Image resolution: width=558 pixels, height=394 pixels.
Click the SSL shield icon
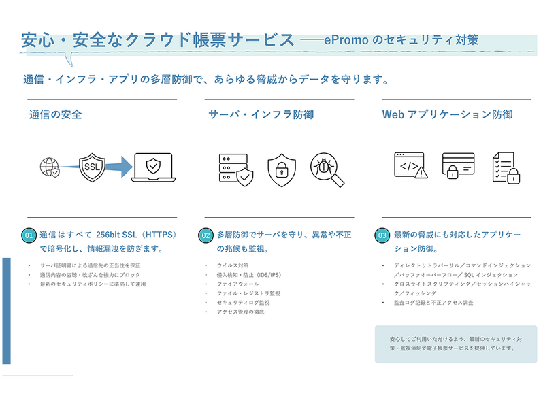pyautogui.click(x=92, y=167)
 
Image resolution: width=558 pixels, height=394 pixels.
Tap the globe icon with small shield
pyautogui.click(x=50, y=167)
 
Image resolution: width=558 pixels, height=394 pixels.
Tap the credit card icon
pyautogui.click(x=458, y=165)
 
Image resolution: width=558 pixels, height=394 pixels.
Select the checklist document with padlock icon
pyautogui.click(x=506, y=167)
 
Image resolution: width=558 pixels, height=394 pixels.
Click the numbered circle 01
pyautogui.click(x=29, y=235)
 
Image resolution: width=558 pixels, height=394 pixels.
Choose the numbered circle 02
pyautogui.click(x=206, y=235)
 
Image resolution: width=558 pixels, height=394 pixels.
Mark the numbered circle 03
pyautogui.click(x=382, y=235)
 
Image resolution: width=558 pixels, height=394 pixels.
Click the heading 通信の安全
pyautogui.click(x=55, y=115)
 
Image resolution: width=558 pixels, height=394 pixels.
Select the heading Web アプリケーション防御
pyautogui.click(x=447, y=115)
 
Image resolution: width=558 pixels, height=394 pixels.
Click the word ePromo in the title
pyautogui.click(x=346, y=40)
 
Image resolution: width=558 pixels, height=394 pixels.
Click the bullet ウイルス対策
pyautogui.click(x=233, y=265)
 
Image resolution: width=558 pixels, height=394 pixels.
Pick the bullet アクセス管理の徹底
pyautogui.click(x=240, y=312)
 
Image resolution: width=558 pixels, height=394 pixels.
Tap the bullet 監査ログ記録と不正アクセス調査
pyautogui.click(x=433, y=302)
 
